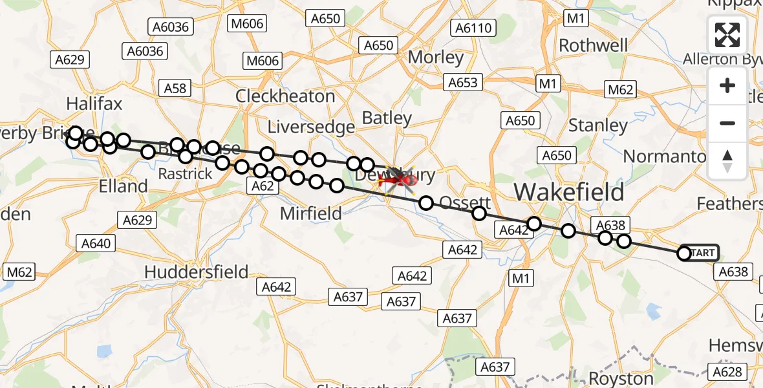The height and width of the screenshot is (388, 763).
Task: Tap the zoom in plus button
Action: (727, 86)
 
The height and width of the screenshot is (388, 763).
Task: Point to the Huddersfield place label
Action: (196, 272)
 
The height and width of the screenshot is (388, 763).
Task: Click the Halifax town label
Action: (94, 104)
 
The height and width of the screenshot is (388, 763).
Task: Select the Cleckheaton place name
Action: (285, 96)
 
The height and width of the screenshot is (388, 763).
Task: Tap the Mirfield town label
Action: (310, 213)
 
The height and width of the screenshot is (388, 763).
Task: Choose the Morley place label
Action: (436, 58)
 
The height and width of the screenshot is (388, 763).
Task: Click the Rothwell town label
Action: (593, 45)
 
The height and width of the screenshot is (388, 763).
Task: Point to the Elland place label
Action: (124, 186)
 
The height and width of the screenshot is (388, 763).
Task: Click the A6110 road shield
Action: (475, 28)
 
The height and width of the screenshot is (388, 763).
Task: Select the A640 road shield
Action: (97, 244)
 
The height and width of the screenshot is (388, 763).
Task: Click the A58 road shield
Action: (175, 89)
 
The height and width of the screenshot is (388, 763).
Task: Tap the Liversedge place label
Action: (311, 127)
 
